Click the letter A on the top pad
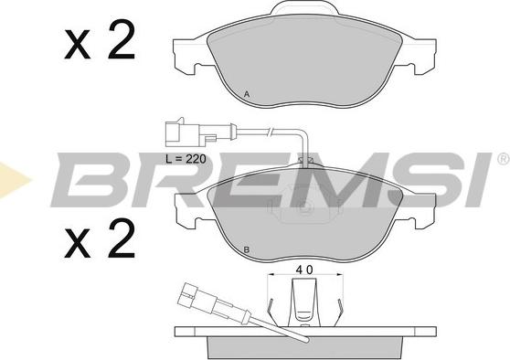(x=247, y=95)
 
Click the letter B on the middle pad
(x=247, y=250)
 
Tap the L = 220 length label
(x=186, y=159)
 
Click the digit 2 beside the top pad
(x=121, y=39)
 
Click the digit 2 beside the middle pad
(x=121, y=238)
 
